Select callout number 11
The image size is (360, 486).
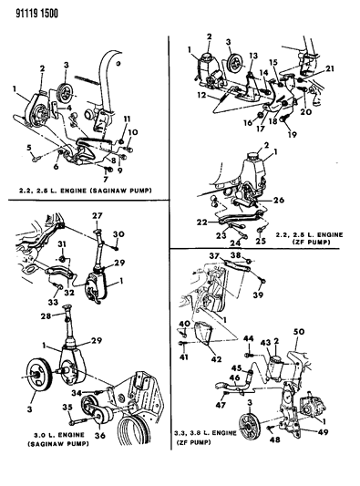(x=127, y=119)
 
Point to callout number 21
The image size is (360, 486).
(x=330, y=70)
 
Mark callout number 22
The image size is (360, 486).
(x=201, y=222)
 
